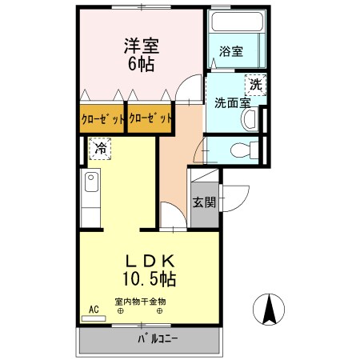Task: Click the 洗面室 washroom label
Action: tap(232, 102)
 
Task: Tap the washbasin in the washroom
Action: tap(249, 121)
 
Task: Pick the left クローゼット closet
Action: tap(102, 119)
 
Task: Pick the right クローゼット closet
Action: tap(150, 119)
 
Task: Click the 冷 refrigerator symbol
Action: tap(100, 148)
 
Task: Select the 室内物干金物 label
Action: tap(140, 302)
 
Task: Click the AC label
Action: tap(93, 309)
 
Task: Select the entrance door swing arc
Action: tap(231, 195)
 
